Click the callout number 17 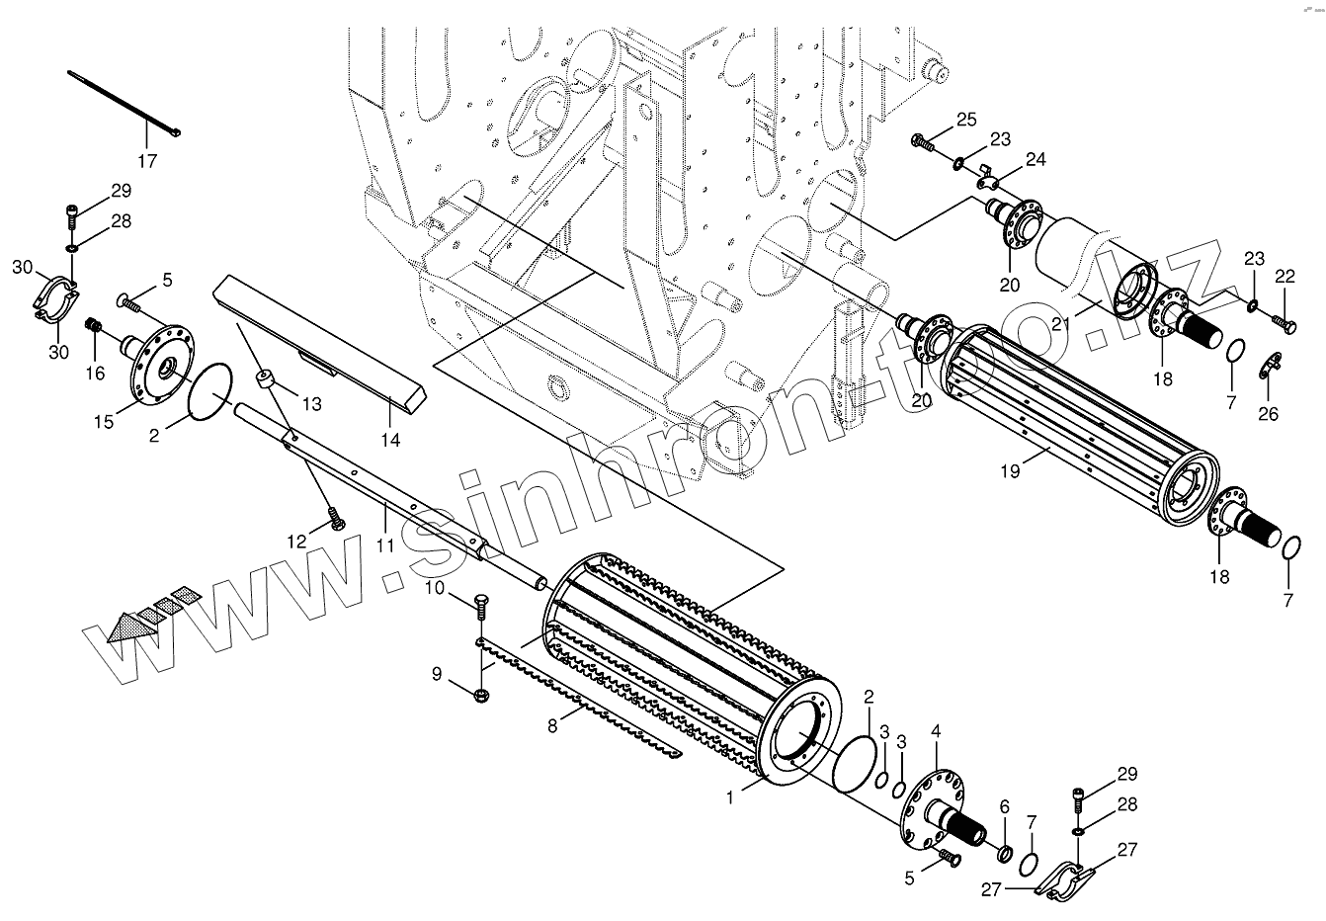(147, 158)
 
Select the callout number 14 (391, 440)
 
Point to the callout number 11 (384, 544)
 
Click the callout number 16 (95, 373)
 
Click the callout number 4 (936, 732)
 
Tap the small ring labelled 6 (1004, 852)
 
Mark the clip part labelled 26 (1271, 368)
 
